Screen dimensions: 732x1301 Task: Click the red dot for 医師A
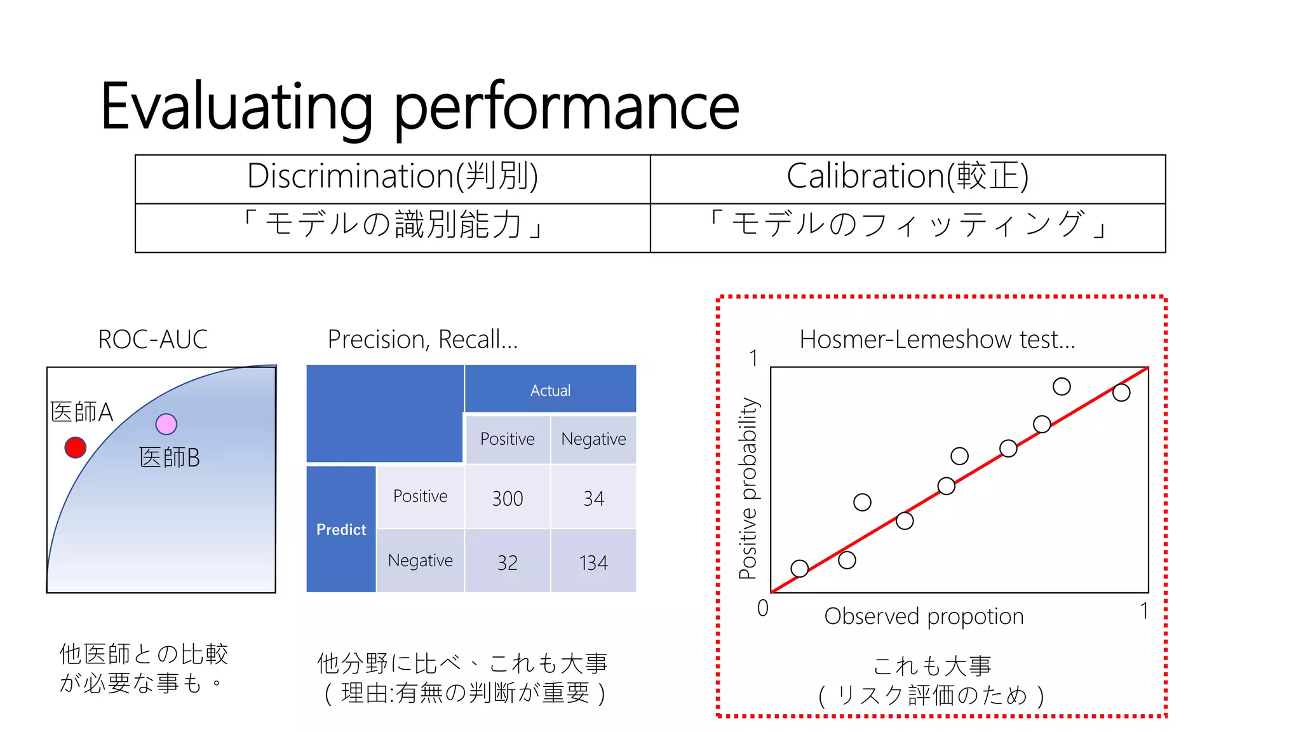click(76, 447)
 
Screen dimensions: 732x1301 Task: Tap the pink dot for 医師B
click(166, 424)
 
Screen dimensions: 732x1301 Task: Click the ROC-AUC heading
click(152, 339)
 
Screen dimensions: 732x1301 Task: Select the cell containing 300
click(507, 498)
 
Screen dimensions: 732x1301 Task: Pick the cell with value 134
click(593, 562)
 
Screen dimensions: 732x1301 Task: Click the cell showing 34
click(593, 498)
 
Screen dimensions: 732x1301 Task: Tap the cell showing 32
click(507, 562)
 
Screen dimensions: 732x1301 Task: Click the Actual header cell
click(550, 390)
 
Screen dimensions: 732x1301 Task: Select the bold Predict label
click(341, 529)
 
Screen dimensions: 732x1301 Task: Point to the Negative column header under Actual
click(593, 439)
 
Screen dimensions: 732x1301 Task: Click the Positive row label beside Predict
click(420, 496)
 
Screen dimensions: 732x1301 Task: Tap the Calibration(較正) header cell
click(907, 177)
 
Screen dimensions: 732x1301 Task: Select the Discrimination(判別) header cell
click(393, 177)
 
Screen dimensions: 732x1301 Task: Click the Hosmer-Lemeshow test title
click(936, 339)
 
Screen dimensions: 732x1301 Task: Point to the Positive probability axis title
click(749, 488)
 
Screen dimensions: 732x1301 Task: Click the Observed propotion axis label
click(924, 616)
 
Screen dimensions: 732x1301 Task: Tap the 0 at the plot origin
click(763, 608)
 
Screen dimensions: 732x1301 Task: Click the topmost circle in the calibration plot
click(1062, 386)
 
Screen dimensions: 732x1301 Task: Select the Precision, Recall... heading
click(422, 339)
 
